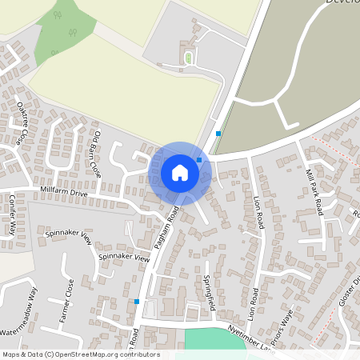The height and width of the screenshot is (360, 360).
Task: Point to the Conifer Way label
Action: coord(13,214)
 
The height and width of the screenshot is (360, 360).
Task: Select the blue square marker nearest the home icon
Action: coord(199,160)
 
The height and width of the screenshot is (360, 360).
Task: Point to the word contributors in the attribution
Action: coord(138,354)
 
